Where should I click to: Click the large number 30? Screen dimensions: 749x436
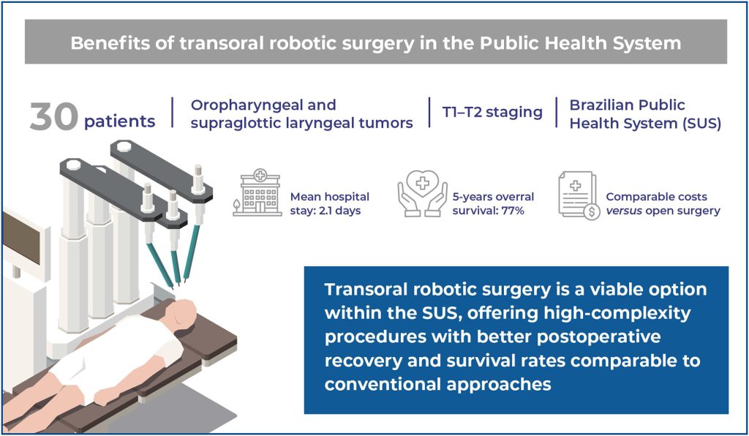[x=53, y=116]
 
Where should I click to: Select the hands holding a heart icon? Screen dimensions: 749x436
[x=422, y=193]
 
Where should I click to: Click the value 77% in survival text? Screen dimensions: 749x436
[x=513, y=211]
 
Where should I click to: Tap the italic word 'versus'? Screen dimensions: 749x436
[x=624, y=211]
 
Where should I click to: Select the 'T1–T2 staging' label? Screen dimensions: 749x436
[x=492, y=112]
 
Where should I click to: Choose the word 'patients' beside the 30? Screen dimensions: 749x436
[x=119, y=121]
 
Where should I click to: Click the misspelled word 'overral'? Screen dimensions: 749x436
[x=515, y=197]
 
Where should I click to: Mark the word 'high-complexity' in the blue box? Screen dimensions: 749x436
[x=617, y=313]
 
